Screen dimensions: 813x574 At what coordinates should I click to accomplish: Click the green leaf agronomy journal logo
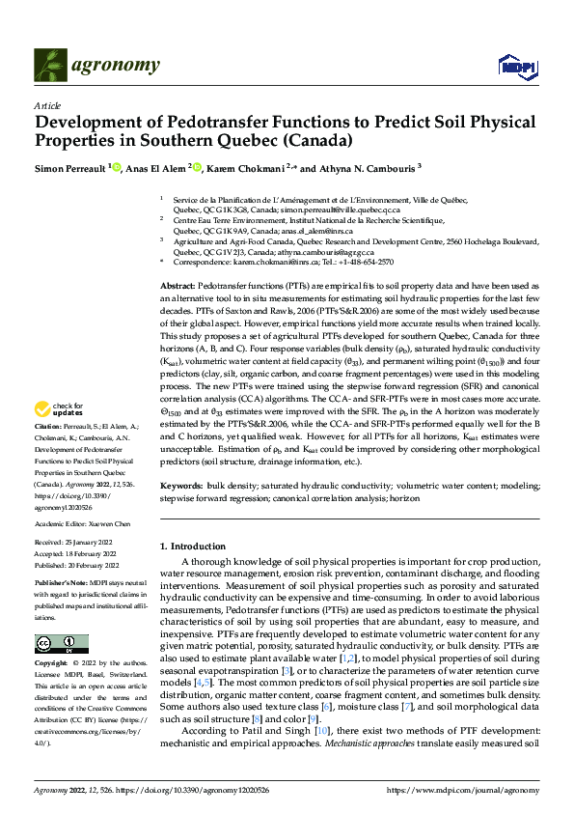[x=50, y=65]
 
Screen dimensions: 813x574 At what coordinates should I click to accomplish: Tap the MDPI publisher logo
[x=515, y=66]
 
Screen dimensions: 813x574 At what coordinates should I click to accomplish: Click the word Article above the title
[x=46, y=105]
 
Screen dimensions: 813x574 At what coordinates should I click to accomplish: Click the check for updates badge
[x=62, y=436]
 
